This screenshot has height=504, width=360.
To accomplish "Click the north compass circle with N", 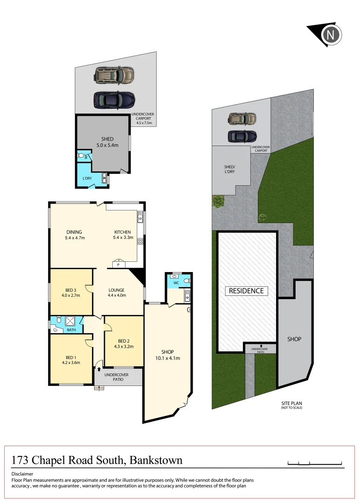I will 332,35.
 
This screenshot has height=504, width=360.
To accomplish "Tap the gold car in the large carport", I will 114,75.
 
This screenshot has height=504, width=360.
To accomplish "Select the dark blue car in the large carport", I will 114,99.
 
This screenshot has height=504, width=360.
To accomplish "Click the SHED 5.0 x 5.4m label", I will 107,142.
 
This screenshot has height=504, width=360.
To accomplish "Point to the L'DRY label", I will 87,178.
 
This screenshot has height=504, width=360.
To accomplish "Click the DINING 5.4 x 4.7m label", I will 75,235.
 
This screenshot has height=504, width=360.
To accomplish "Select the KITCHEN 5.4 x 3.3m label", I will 123,235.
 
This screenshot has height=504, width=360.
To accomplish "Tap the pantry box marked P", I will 118,265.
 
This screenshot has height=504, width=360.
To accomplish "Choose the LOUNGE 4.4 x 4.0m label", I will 117,293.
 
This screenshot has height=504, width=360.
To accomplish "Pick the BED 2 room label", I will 124,343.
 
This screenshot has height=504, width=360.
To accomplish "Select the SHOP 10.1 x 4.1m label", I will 168,355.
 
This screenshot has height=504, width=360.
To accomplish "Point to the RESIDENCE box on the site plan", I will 247,291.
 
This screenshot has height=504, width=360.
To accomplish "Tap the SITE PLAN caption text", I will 291,404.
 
